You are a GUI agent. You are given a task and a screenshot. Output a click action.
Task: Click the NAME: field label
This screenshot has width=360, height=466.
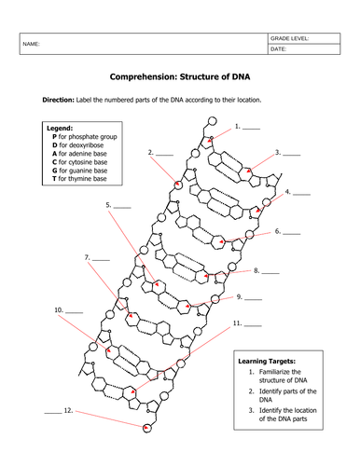click(x=31, y=44)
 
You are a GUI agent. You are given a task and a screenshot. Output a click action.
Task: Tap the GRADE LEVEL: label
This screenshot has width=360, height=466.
click(x=289, y=38)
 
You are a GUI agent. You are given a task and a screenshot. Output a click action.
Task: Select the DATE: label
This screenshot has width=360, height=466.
click(x=278, y=49)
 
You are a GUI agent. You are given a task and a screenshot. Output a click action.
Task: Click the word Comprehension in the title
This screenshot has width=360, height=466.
click(x=143, y=76)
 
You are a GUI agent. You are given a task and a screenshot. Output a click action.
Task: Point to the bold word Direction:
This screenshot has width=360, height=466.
click(x=59, y=100)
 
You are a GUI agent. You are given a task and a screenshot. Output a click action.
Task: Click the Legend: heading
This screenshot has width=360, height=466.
click(x=60, y=128)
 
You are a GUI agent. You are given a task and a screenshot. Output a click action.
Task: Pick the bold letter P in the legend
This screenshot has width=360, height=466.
click(x=54, y=137)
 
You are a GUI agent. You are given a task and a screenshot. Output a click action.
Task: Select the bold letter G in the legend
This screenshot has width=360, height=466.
click(x=55, y=171)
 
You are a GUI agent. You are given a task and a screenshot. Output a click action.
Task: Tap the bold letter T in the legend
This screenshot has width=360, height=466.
click(x=54, y=179)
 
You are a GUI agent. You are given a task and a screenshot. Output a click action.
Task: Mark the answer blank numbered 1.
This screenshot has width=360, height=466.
click(x=251, y=129)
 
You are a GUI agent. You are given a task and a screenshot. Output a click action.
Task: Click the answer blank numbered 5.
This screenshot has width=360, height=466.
click(x=122, y=207)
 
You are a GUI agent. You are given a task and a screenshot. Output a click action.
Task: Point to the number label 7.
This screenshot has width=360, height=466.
click(x=88, y=257)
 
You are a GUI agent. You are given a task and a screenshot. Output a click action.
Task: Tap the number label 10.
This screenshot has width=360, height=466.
click(x=59, y=310)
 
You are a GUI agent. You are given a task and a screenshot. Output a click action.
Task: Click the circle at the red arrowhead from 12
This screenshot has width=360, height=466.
click(x=147, y=429)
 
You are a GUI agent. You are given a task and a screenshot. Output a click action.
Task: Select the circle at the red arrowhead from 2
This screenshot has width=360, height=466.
click(x=178, y=185)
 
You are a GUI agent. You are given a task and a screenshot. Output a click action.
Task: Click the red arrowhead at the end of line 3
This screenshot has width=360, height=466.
click(x=248, y=171)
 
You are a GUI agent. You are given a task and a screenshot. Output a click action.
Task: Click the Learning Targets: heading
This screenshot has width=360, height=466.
click(x=267, y=362)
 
